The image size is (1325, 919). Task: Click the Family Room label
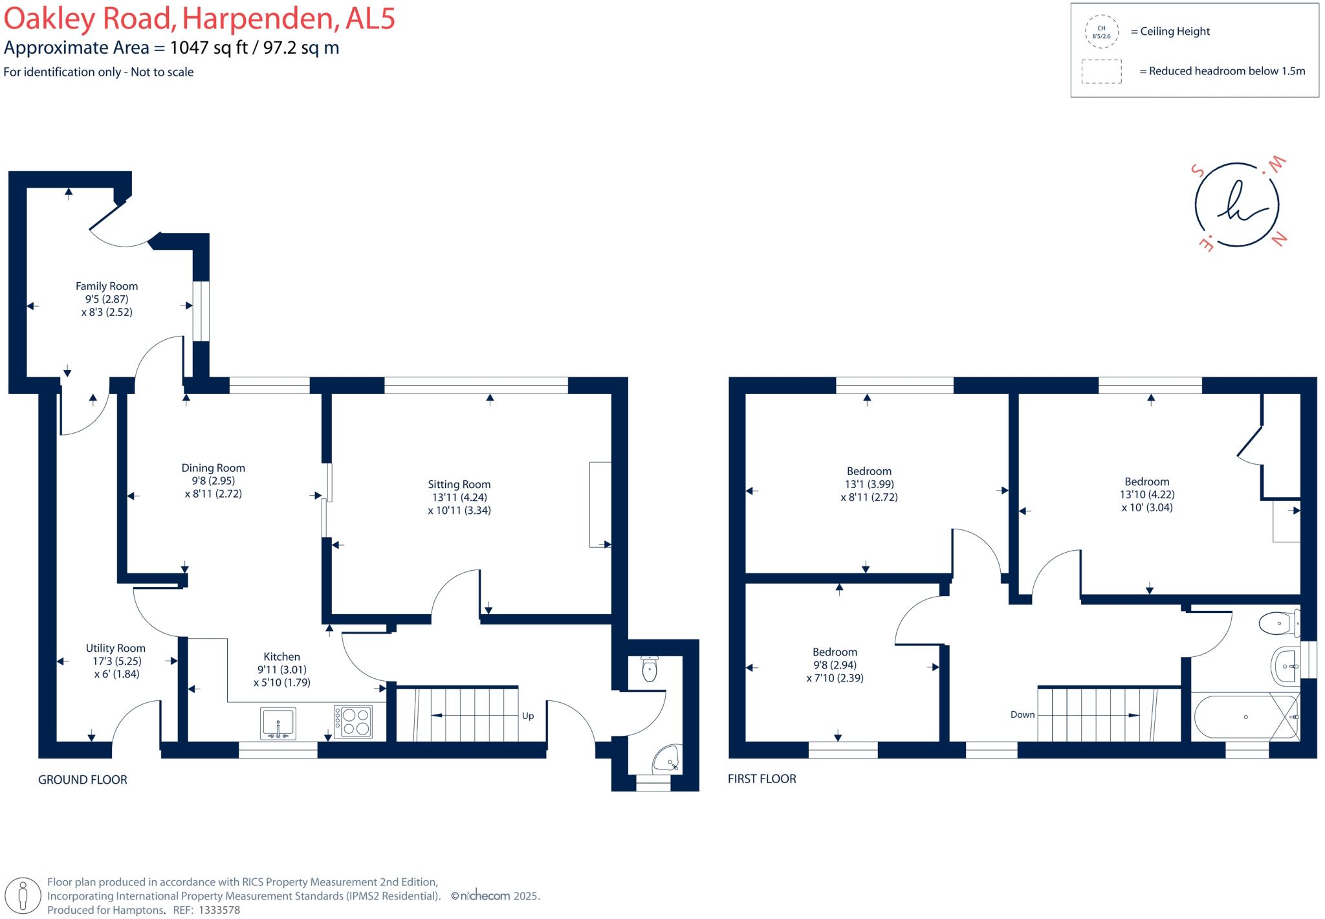click(107, 286)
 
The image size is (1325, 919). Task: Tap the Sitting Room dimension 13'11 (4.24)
click(459, 497)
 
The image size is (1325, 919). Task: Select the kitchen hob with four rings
click(353, 722)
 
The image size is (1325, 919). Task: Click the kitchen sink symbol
click(278, 723)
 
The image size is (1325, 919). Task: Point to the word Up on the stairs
click(528, 716)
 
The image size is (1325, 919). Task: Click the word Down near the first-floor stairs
click(1022, 714)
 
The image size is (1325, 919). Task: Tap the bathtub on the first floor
click(1245, 717)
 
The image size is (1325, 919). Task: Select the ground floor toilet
click(649, 669)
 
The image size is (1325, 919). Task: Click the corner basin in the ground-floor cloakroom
click(667, 758)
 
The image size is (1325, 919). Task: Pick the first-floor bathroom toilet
click(1278, 624)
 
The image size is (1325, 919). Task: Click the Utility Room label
click(116, 648)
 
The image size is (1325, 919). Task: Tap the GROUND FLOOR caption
click(83, 780)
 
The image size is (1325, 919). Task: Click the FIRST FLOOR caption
click(762, 779)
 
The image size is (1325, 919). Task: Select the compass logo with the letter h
click(1237, 204)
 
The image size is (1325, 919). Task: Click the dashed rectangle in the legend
click(1101, 71)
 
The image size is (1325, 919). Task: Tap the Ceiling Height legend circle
click(1101, 32)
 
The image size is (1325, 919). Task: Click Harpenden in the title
click(259, 19)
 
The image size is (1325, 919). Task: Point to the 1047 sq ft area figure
click(209, 48)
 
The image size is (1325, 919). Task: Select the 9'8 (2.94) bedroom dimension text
click(835, 665)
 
